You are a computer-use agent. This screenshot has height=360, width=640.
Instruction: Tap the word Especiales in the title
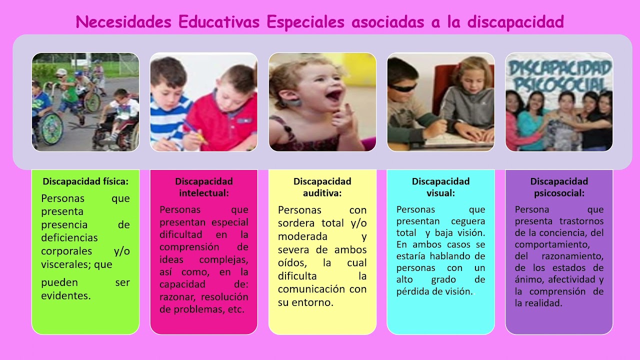305,22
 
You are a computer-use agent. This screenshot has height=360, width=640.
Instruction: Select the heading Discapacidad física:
85,181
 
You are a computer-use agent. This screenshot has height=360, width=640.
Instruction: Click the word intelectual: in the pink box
204,192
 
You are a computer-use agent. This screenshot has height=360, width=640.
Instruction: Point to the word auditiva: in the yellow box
322,192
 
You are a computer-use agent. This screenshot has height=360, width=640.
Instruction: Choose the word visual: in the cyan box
440,192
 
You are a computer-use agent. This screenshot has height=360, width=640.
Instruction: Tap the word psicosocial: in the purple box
559,192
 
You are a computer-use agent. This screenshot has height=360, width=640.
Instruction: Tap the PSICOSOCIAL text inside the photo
559,82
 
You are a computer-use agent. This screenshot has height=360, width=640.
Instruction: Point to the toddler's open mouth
333,94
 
